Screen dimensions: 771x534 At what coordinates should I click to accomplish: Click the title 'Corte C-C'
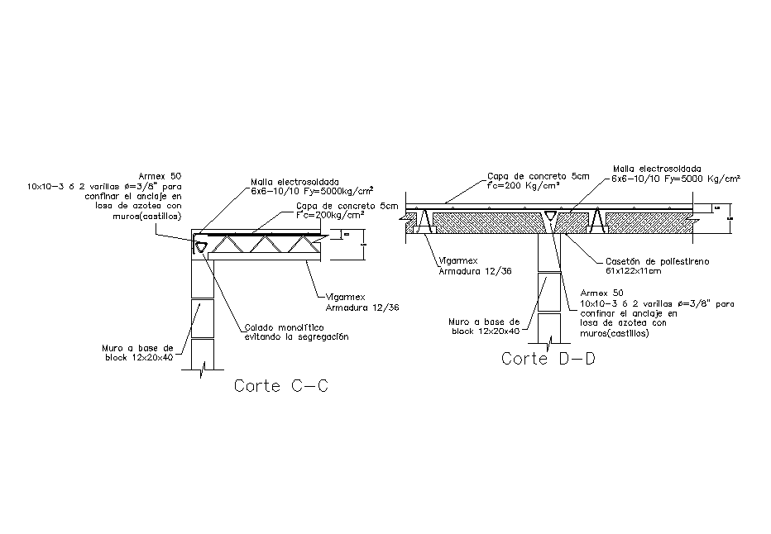point(281,386)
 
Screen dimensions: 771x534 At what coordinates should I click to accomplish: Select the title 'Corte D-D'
point(548,360)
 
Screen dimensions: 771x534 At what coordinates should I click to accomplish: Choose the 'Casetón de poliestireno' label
point(657,261)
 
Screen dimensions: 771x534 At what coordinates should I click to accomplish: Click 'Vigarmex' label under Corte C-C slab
point(334,298)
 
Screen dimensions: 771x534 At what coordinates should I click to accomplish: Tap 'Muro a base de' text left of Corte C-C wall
point(145,348)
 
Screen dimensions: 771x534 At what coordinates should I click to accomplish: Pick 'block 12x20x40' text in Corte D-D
point(485,331)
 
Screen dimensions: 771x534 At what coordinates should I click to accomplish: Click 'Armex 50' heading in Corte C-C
point(162,176)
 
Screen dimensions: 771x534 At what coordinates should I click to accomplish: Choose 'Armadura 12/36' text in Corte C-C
point(362,308)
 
